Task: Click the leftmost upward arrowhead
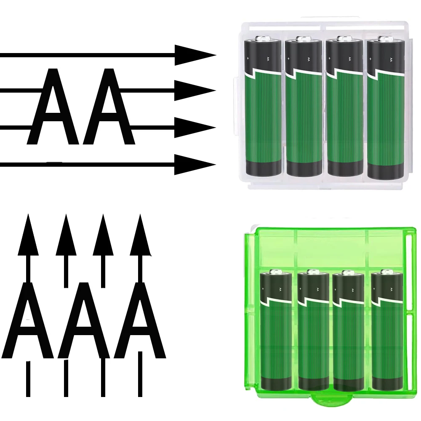coord(28,236)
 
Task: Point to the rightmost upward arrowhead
coord(140,236)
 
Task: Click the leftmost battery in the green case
coord(275,333)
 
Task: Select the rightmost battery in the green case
coord(386,333)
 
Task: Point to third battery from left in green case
coord(348,333)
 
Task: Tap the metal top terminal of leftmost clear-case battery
coord(263,39)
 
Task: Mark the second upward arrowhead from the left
coord(66,236)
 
